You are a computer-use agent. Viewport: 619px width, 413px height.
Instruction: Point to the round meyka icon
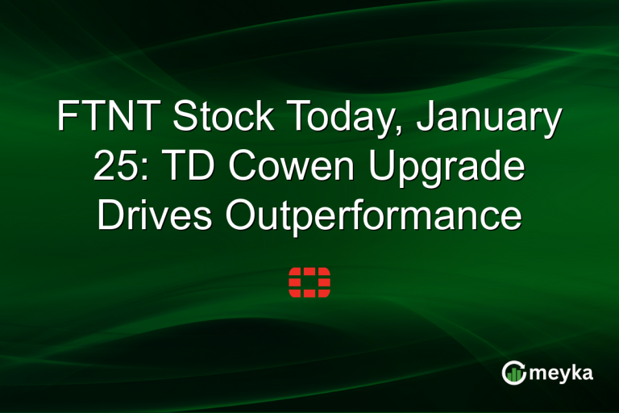point(513,372)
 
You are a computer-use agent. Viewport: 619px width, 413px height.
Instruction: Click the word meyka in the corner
point(562,373)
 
